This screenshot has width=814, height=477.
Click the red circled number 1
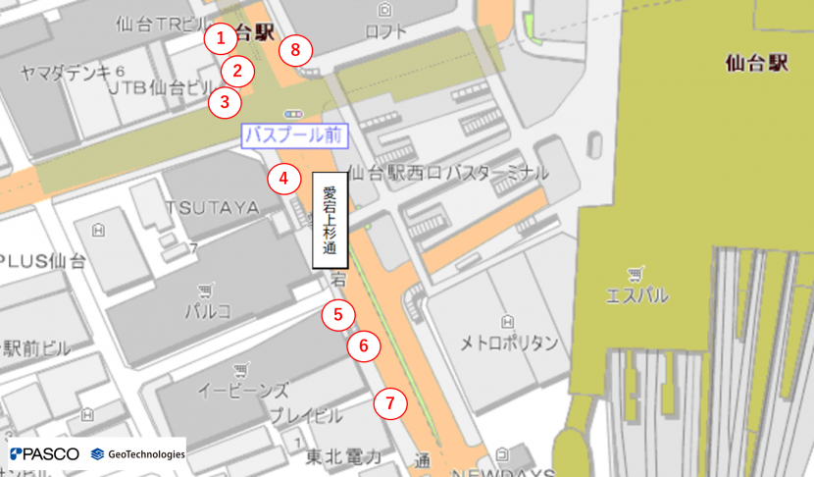pos(221,38)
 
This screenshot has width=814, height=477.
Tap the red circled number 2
pos(237,71)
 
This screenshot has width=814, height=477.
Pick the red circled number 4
pos(282,179)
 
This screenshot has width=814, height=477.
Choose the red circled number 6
pos(364,345)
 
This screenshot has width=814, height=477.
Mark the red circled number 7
pos(389,402)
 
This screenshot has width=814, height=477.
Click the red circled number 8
pos(295,49)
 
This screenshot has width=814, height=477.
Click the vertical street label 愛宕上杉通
pos(330,221)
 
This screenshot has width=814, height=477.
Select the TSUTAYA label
pos(212,208)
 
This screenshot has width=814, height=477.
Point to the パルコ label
pos(207,311)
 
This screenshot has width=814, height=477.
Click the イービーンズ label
pos(243,390)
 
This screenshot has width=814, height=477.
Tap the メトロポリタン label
pos(509,343)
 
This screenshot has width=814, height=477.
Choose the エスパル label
pos(637,295)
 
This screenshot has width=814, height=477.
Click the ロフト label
pos(385,31)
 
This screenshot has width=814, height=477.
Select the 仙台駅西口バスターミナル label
pos(448,174)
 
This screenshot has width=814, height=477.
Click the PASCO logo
pos(44,453)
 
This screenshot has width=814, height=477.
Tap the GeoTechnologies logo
pos(137,453)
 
